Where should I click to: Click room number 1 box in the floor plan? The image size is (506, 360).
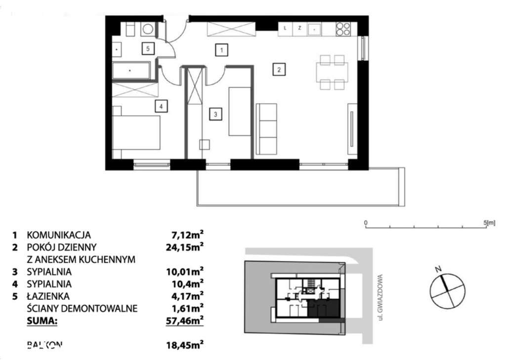222,49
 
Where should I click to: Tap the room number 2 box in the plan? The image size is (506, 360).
279,70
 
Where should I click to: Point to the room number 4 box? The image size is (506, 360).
159,105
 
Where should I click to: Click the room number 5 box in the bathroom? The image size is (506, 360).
147,48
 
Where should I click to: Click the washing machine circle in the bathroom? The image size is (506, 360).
147,29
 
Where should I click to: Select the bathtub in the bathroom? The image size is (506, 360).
131,71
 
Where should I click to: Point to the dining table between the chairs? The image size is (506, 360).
332,73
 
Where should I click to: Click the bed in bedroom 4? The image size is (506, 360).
137,132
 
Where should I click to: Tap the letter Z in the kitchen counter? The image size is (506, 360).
299,29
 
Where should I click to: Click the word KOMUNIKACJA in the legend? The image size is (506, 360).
59,235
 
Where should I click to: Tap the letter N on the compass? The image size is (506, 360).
437,270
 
